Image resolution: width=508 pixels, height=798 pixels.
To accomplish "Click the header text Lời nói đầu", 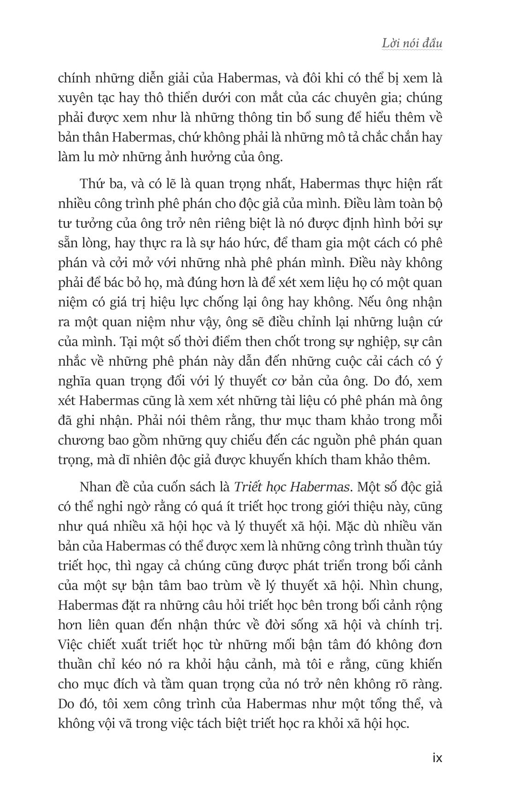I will [x=412, y=44].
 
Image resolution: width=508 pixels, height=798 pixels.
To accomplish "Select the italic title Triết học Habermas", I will [x=290, y=487].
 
